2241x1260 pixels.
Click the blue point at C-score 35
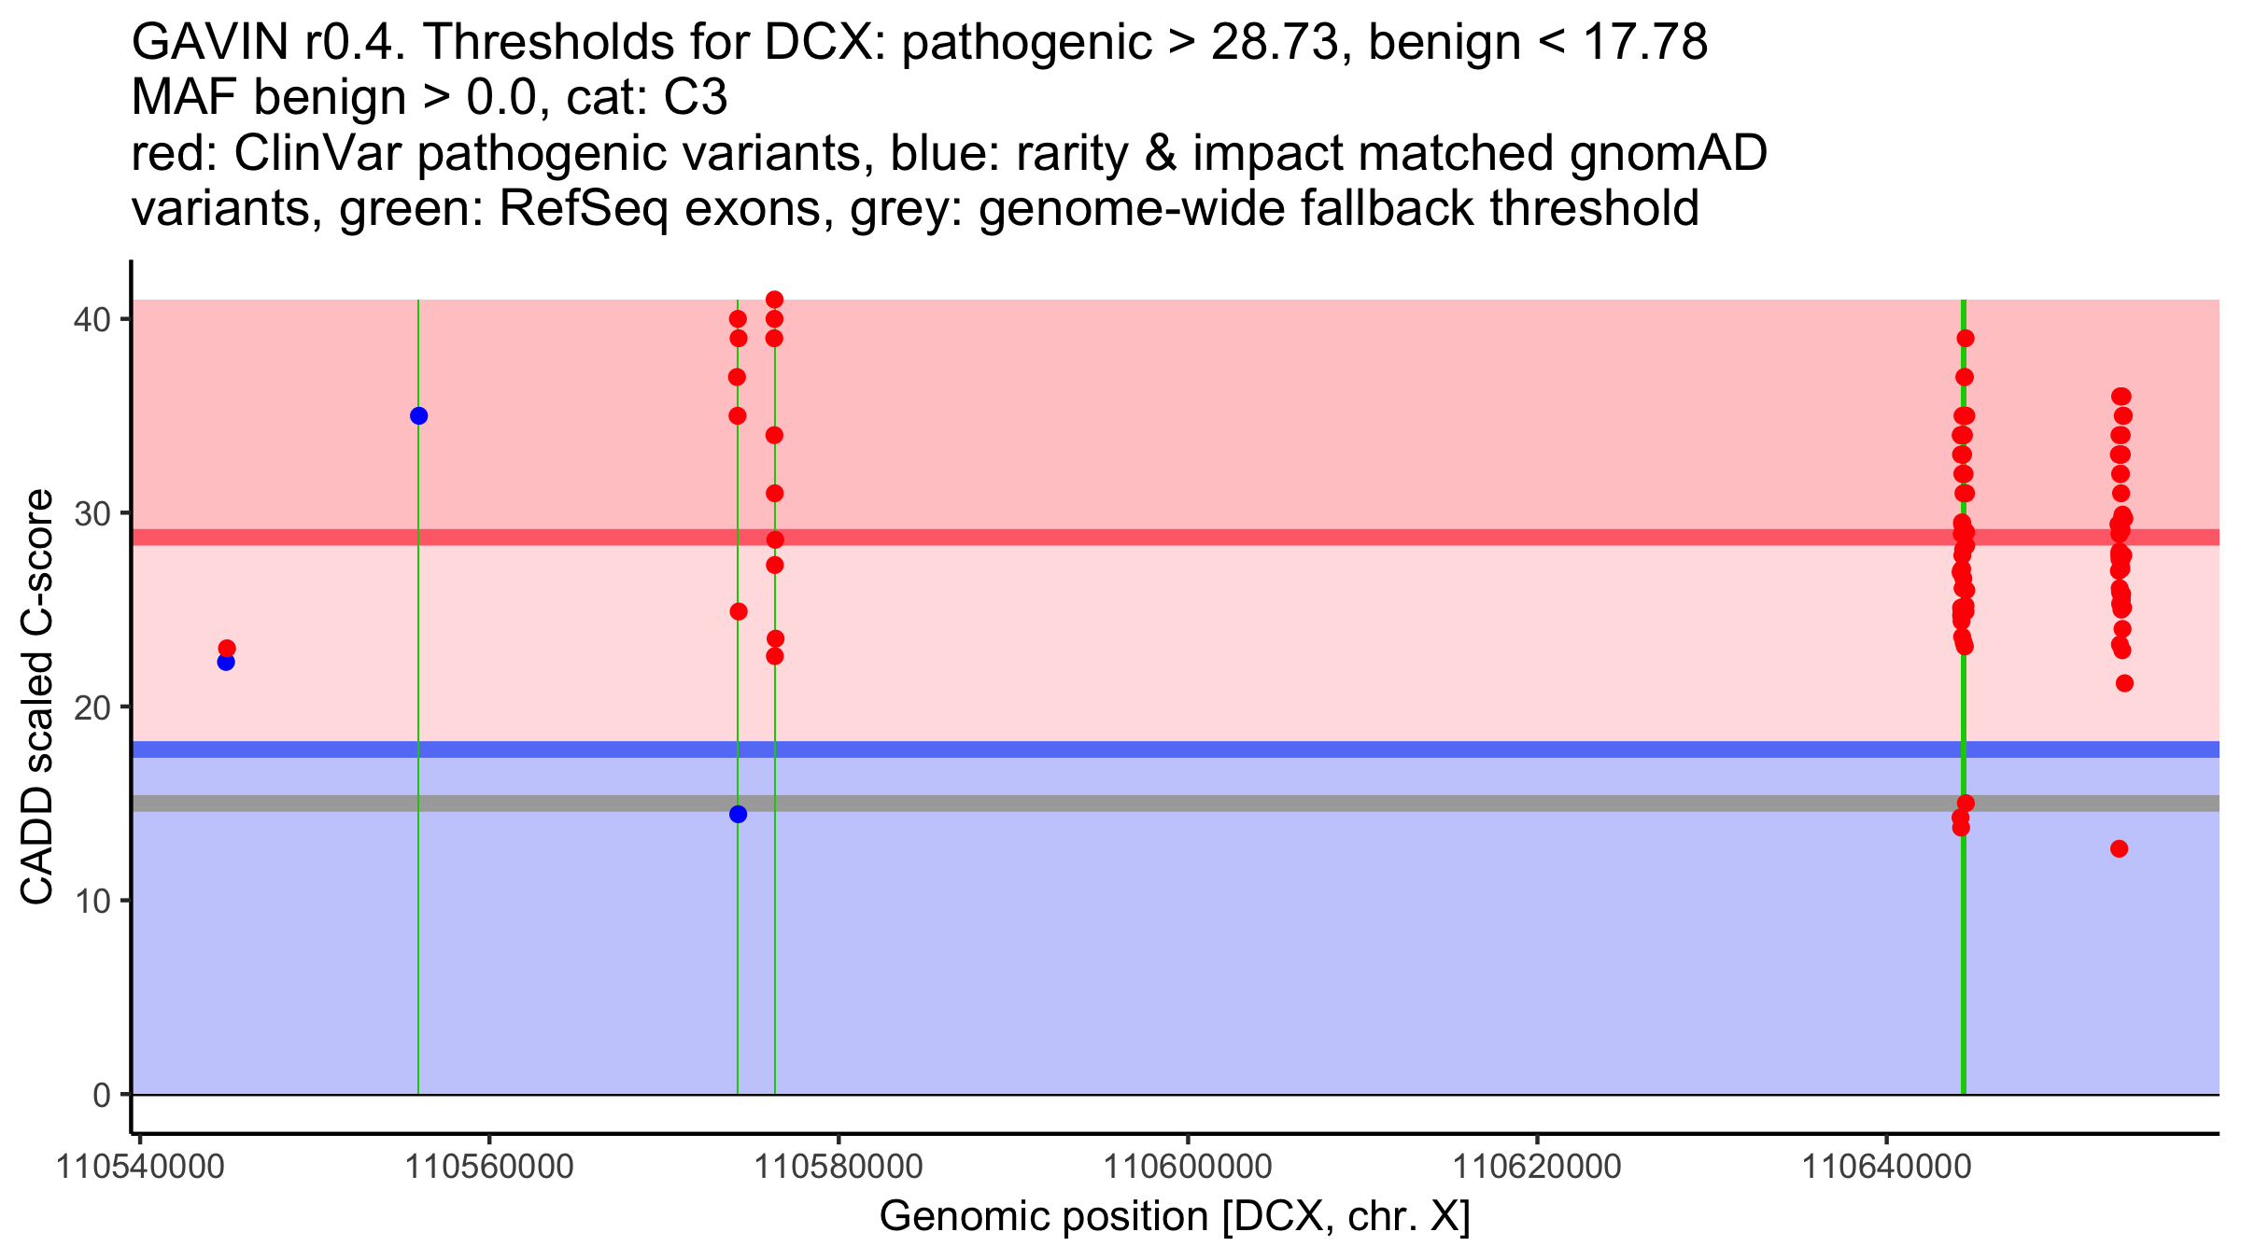[418, 415]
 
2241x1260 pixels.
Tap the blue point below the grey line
[738, 814]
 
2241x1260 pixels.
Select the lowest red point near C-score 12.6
[2119, 848]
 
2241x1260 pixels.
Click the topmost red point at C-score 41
[774, 300]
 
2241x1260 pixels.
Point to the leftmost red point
[227, 648]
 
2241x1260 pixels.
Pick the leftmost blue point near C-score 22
[226, 662]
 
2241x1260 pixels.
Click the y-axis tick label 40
[92, 319]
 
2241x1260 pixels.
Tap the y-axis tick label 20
[92, 707]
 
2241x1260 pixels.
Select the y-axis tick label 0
[101, 1095]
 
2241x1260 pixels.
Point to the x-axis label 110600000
[1188, 1167]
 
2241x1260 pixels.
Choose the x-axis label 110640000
[1886, 1167]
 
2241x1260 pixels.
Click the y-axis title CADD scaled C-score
[37, 697]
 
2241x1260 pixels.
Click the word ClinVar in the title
[318, 154]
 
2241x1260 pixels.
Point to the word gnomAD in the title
[1668, 154]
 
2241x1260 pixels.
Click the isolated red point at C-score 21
[2124, 683]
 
